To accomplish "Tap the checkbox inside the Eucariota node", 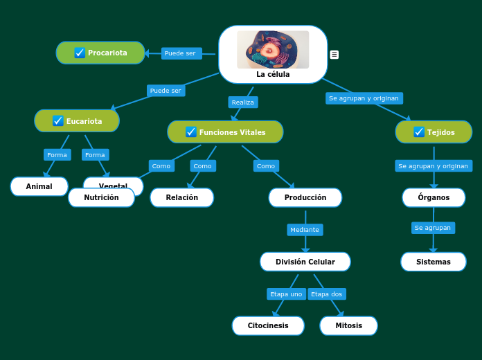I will (58, 121).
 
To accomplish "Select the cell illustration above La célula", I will (273, 49).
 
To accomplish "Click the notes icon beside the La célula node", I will (334, 55).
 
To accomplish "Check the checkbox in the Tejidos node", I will (419, 132).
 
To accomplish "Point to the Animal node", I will (39, 186).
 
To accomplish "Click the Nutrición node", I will (101, 197).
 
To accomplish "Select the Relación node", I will (181, 197).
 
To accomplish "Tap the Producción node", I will (305, 197).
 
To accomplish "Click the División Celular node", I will (305, 262).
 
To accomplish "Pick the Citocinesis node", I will (268, 325).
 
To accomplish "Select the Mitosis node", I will (348, 325).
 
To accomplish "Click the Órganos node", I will (434, 197).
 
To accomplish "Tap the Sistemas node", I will (433, 262).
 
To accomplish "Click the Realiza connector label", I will (243, 102).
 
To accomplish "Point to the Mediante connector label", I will (305, 230).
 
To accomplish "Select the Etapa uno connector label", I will (287, 294).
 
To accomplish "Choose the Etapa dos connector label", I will (326, 294).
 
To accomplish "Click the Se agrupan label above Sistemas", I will (433, 228).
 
